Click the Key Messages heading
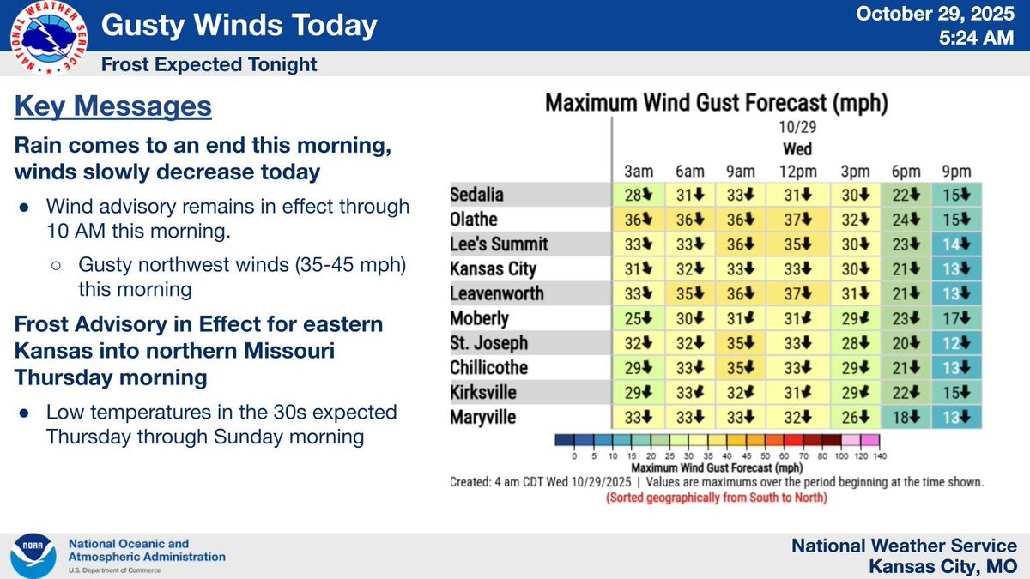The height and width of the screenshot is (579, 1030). (113, 107)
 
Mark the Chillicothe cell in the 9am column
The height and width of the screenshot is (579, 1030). (743, 368)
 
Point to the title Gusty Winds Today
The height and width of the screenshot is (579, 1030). (239, 26)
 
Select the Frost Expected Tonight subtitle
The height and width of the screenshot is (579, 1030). (209, 64)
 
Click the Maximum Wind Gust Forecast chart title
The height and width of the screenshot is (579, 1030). (717, 105)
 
